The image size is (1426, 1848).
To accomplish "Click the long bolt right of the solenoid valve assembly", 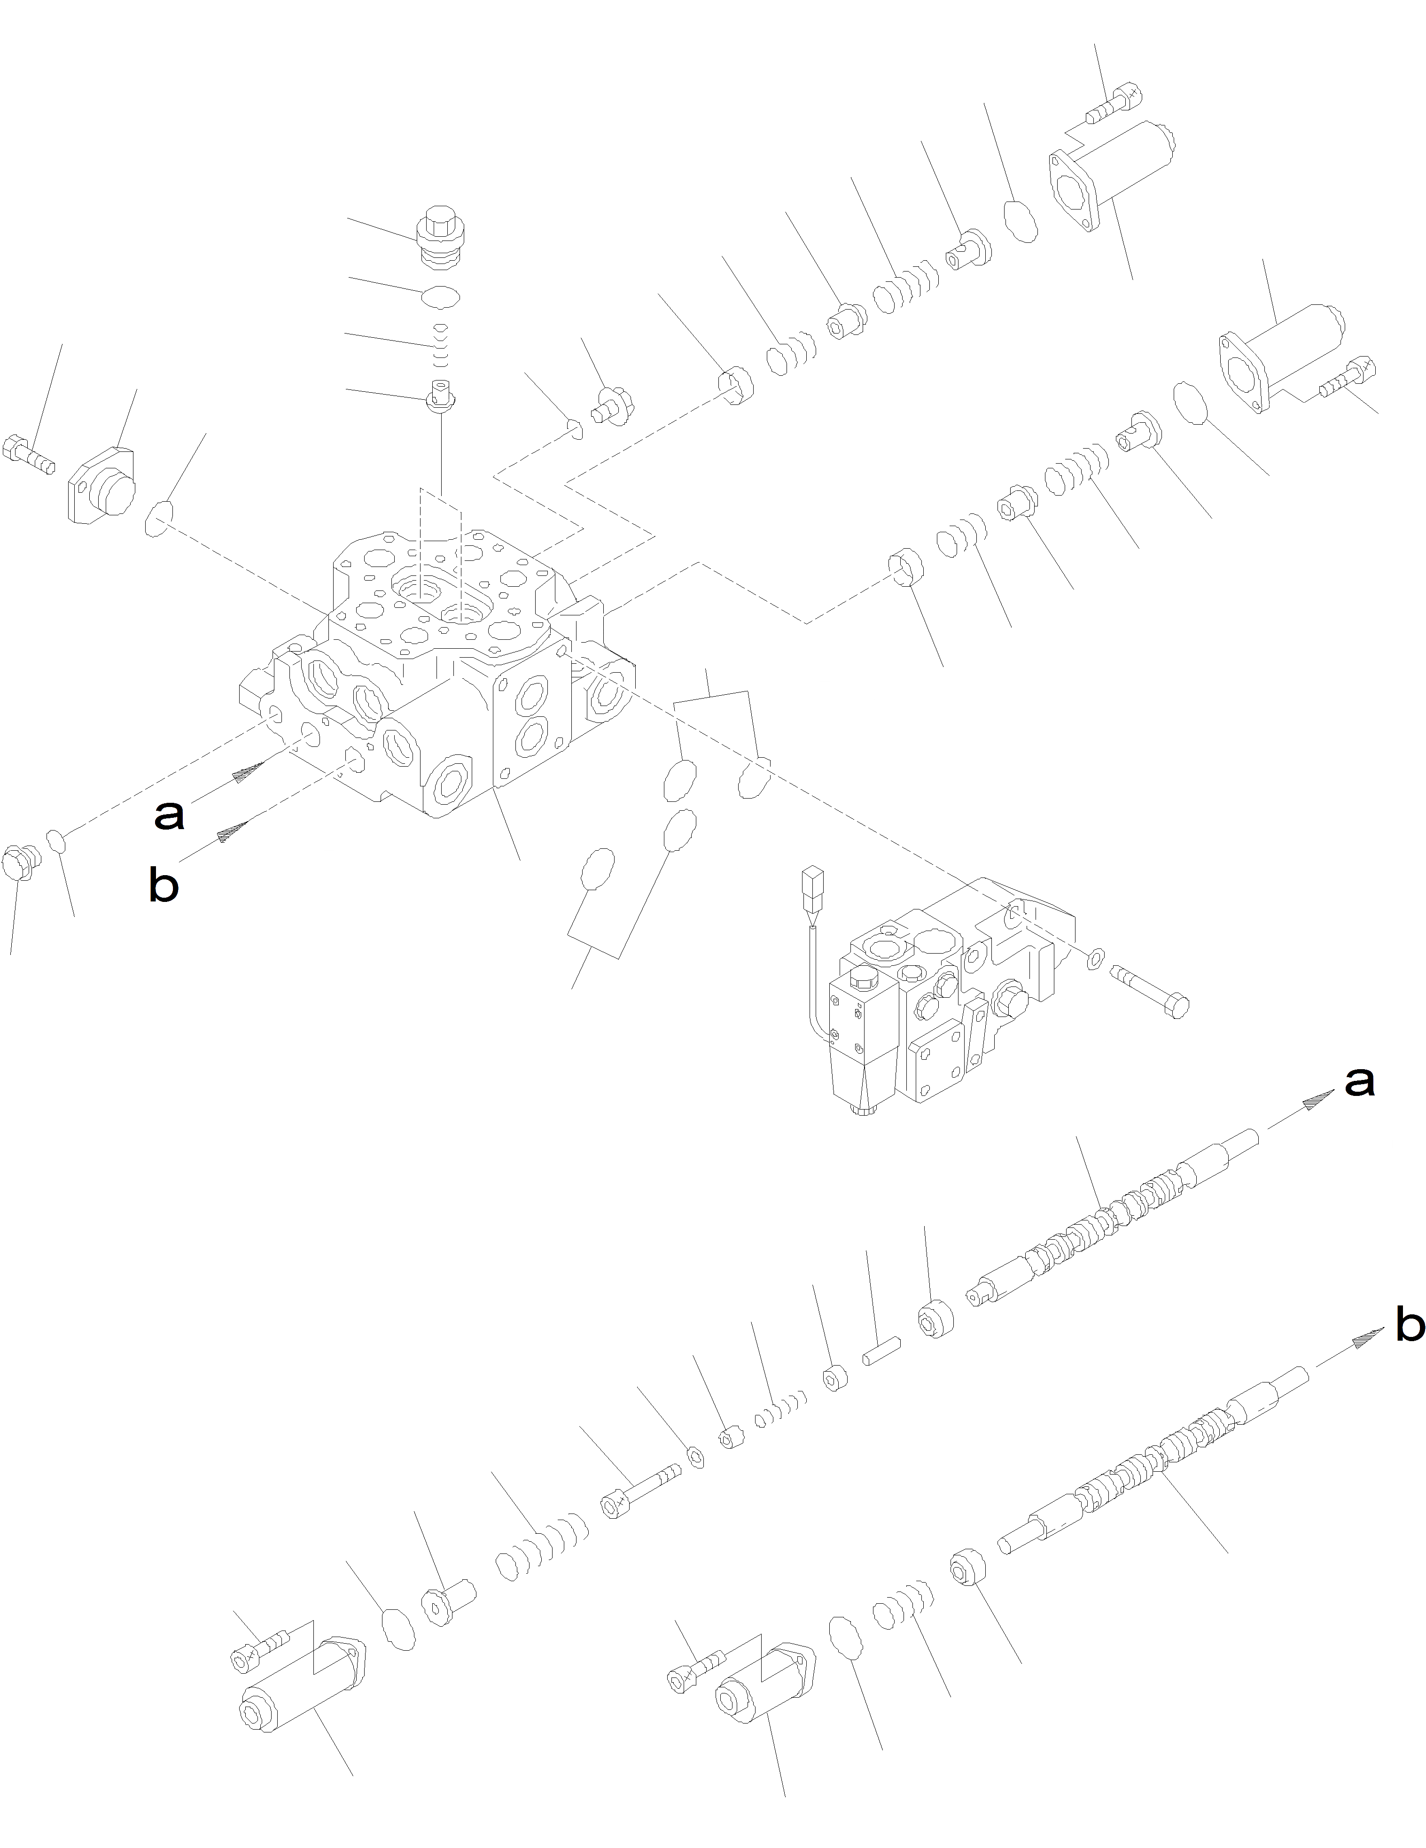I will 1151,988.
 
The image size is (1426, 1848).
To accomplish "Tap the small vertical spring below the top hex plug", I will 440,347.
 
